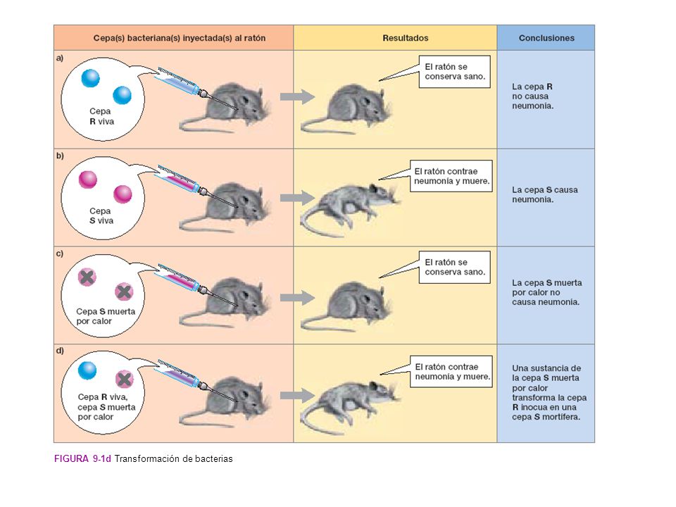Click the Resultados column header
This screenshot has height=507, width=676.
pos(406,38)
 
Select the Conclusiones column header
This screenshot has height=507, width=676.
pos(546,38)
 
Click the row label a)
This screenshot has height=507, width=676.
pos(60,58)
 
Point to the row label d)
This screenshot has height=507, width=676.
pos(60,351)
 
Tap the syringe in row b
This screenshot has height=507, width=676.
pos(196,186)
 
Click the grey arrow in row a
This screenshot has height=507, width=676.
pos(297,96)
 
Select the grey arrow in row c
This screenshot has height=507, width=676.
pos(297,297)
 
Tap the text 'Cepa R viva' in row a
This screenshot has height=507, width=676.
pos(101,116)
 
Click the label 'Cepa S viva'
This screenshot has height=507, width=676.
pos(101,215)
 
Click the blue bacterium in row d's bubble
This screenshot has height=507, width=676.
pos(87,370)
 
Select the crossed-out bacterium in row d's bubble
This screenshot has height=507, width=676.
pos(124,380)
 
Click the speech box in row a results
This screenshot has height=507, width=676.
pos(454,72)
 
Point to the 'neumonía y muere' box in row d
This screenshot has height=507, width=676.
pos(451,371)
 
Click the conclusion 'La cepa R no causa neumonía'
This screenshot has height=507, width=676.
pos(532,96)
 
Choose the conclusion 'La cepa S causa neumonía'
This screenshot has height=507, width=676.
pos(544,194)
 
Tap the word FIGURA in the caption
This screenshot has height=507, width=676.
pos(71,458)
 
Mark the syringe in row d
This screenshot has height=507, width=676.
pos(196,381)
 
